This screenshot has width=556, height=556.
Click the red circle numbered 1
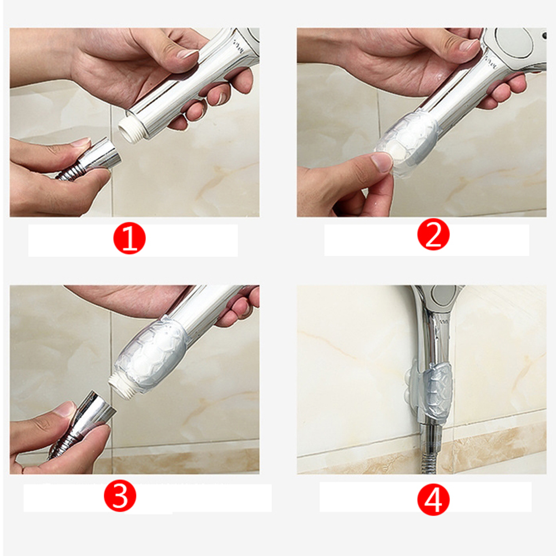pyautogui.click(x=129, y=237)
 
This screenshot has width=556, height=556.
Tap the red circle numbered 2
pyautogui.click(x=433, y=235)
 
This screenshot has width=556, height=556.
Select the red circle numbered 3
pyautogui.click(x=120, y=496)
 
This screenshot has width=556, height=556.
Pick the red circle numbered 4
pyautogui.click(x=433, y=500)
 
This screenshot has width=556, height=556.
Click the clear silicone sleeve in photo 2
pyautogui.click(x=407, y=141)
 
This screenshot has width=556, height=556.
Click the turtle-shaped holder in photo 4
pyautogui.click(x=431, y=389)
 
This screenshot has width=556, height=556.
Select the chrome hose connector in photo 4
pyautogui.click(x=430, y=437)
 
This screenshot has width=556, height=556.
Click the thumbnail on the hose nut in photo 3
pyautogui.click(x=65, y=409)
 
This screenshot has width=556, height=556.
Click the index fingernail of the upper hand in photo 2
pyautogui.click(x=469, y=45)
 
